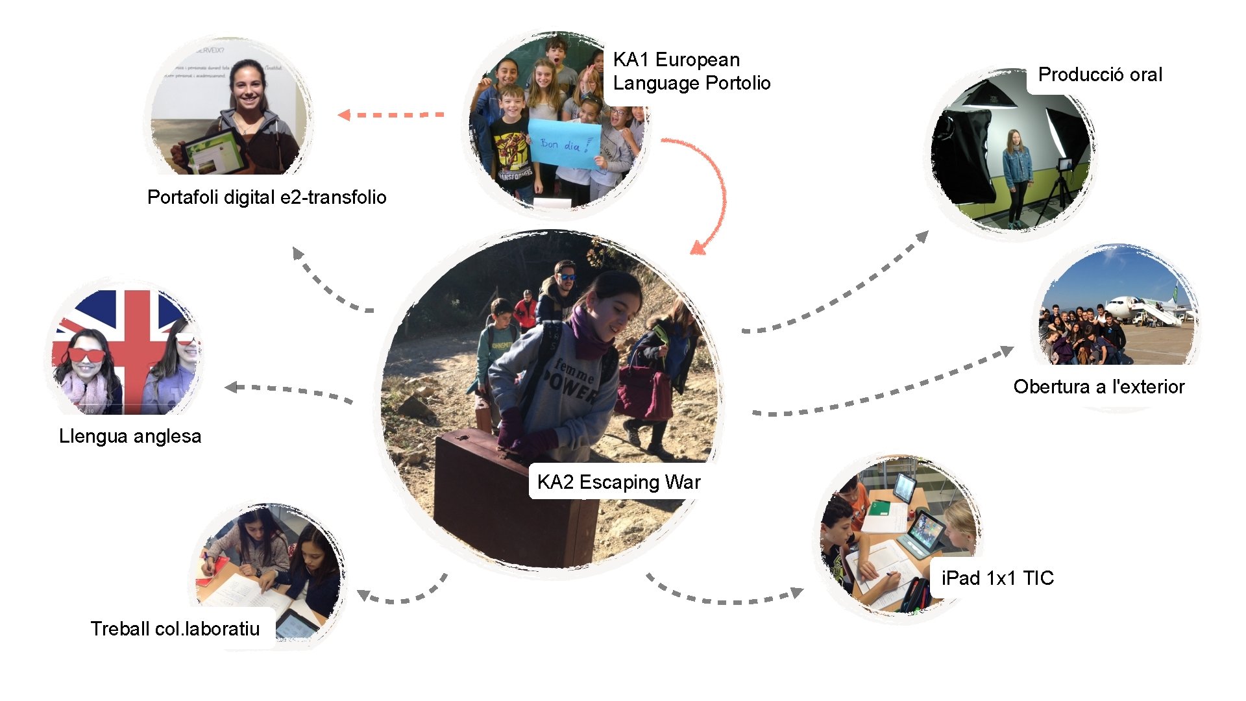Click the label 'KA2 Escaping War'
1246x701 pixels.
coord(618,482)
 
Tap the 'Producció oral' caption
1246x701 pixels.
coord(1100,75)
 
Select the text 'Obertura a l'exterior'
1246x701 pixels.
coord(1099,387)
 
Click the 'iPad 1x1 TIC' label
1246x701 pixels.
coord(997,578)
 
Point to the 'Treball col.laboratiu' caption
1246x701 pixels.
coord(175,628)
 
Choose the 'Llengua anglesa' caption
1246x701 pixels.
coord(130,436)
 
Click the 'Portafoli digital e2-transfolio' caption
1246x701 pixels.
coord(267,197)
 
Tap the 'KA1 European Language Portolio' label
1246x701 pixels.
coord(691,71)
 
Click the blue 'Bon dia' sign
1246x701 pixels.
coord(564,144)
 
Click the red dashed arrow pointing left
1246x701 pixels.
coord(391,115)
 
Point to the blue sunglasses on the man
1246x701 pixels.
coord(567,277)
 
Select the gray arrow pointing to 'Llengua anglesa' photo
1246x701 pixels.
coord(289,391)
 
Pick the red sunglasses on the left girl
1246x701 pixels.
coord(86,355)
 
